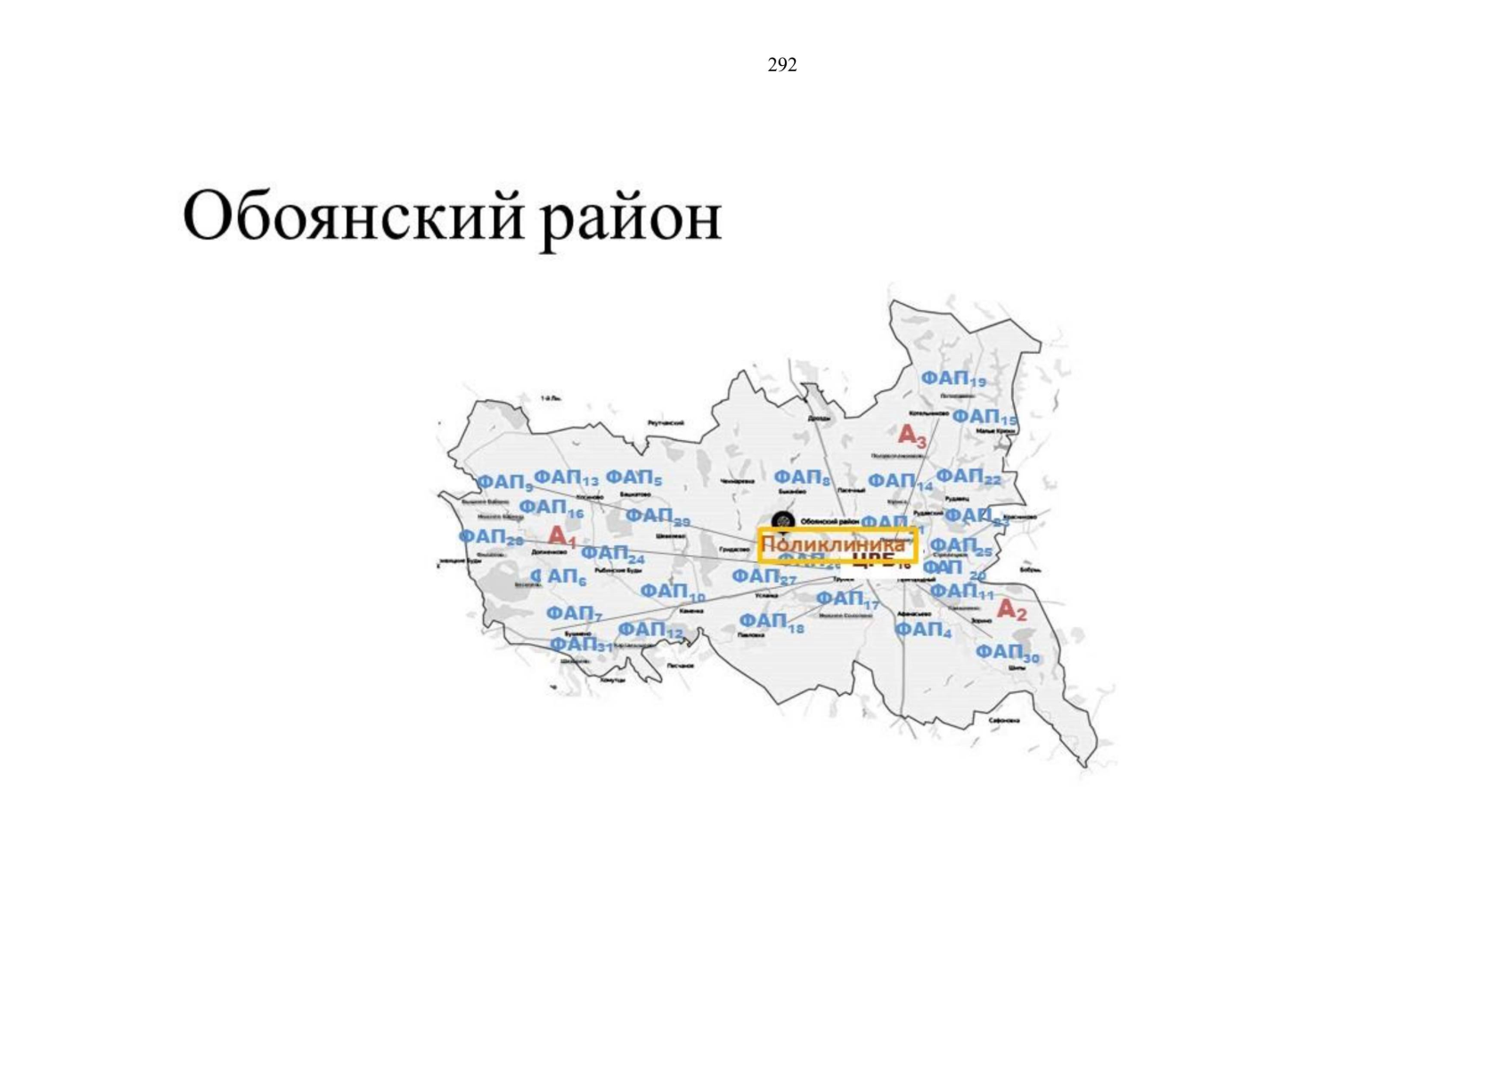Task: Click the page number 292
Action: click(x=781, y=65)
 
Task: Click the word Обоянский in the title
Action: click(x=353, y=216)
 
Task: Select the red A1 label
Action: click(x=562, y=536)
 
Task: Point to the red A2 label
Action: click(x=1011, y=610)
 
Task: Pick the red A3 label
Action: click(x=911, y=436)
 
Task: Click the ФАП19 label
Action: click(x=952, y=379)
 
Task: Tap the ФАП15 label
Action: click(x=984, y=417)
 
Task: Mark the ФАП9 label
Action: click(x=504, y=483)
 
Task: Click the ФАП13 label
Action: click(x=566, y=478)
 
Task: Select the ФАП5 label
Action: click(x=633, y=478)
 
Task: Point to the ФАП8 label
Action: click(x=802, y=478)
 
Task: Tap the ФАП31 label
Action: click(x=581, y=644)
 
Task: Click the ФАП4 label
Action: click(x=922, y=630)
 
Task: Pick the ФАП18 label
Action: click(x=771, y=621)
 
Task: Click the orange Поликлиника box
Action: click(x=837, y=544)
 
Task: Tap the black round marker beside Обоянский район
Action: click(x=782, y=520)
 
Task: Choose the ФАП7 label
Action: click(x=574, y=614)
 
